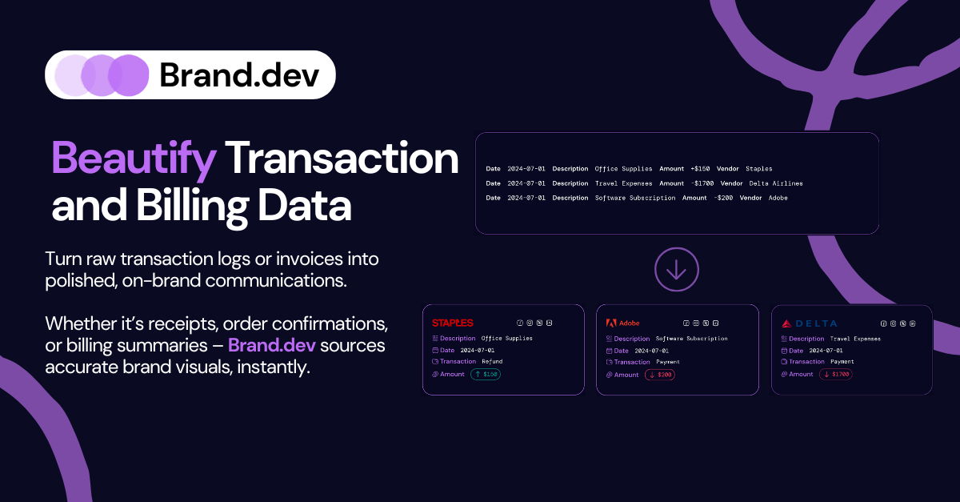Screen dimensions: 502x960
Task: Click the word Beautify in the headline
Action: click(134, 159)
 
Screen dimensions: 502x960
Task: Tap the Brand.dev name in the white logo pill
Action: click(239, 75)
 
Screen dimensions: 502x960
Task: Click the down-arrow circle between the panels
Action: click(677, 270)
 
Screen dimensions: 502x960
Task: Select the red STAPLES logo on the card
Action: click(453, 323)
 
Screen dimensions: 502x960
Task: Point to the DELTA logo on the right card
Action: click(810, 323)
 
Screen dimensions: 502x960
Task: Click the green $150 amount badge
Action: click(486, 374)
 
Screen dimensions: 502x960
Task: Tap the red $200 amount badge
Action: click(659, 375)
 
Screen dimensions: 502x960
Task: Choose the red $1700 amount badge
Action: click(835, 374)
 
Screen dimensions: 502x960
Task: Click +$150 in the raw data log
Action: click(702, 169)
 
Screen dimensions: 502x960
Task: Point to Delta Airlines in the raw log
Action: click(775, 183)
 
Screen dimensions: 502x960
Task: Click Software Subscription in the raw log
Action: click(635, 198)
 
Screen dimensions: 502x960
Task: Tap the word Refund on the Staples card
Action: click(492, 362)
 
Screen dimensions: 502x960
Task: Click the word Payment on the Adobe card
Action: click(667, 362)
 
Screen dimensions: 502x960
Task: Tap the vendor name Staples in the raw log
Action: click(759, 169)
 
